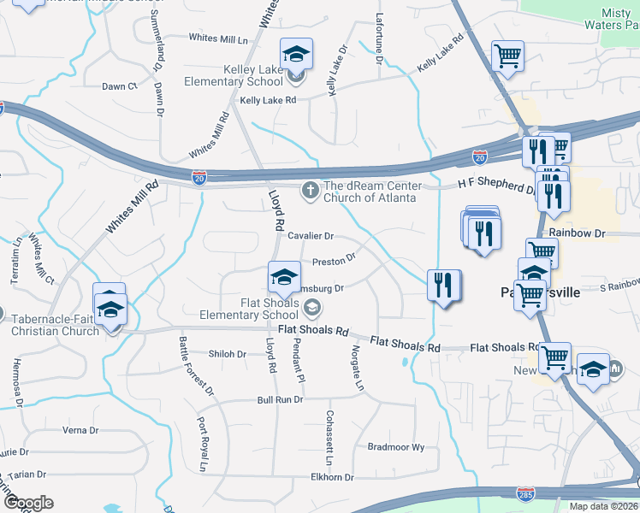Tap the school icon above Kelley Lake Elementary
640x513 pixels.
tap(296, 56)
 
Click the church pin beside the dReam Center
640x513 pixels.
tap(309, 192)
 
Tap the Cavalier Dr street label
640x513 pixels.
tap(310, 235)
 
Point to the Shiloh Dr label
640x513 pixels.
tap(228, 354)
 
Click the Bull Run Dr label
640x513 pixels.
tap(281, 399)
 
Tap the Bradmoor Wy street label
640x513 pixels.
tap(395, 446)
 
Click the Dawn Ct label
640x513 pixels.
tap(120, 86)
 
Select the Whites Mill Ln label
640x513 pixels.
tap(217, 38)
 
